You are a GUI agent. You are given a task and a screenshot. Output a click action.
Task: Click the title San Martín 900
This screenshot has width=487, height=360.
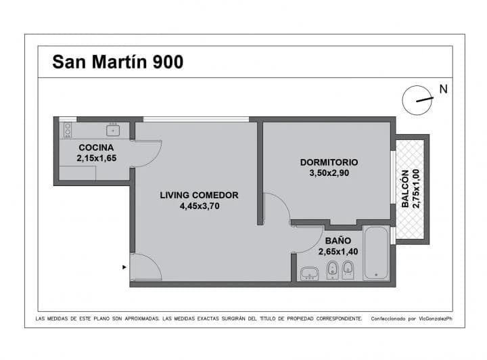(x=118, y=62)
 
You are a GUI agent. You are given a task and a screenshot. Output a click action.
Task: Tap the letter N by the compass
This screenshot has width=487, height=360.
(x=443, y=89)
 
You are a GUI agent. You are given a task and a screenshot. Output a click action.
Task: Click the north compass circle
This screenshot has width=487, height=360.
(x=417, y=100)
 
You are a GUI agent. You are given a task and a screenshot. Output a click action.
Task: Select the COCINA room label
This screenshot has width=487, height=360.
(x=96, y=148)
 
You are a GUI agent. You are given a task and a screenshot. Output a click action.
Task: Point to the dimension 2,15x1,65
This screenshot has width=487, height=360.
(x=97, y=158)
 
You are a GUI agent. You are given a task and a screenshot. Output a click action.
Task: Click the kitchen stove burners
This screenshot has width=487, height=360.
(x=68, y=130)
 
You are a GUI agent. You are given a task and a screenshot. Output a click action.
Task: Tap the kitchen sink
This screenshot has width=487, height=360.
(x=113, y=130)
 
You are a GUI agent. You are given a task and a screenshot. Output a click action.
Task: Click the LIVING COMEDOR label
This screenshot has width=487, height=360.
(x=199, y=196)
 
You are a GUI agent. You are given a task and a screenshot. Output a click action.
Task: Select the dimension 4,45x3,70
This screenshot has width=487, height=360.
(x=200, y=206)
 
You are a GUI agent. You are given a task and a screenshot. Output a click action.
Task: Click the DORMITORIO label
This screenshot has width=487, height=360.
(x=329, y=162)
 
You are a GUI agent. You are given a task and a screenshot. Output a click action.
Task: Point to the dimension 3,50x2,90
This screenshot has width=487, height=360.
(x=329, y=173)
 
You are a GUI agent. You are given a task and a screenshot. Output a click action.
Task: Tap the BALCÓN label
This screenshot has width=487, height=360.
(x=405, y=189)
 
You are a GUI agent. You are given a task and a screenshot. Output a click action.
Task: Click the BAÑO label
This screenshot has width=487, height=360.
(x=338, y=241)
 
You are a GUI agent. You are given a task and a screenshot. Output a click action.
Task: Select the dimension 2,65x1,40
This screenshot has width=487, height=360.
(x=338, y=251)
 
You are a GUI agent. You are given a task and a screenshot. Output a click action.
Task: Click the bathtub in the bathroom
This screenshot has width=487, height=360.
(x=376, y=253)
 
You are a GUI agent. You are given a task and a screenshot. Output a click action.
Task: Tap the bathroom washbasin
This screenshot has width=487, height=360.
(x=309, y=273)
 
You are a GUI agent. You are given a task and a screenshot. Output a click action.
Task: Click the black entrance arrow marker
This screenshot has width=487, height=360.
(x=124, y=267)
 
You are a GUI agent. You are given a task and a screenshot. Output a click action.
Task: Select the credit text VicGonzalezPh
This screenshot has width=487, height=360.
(x=436, y=319)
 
